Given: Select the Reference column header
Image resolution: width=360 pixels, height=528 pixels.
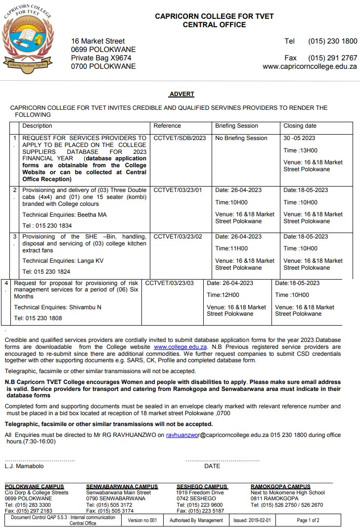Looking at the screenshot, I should click(x=167, y=126).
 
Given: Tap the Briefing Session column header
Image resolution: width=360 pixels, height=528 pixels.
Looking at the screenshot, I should click(x=236, y=126).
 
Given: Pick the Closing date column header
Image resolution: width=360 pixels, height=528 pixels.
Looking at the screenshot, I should click(x=300, y=126).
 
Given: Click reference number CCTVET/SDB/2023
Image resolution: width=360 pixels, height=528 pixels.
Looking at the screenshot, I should click(x=180, y=138).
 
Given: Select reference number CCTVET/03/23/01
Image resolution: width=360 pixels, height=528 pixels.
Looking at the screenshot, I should click(x=178, y=190).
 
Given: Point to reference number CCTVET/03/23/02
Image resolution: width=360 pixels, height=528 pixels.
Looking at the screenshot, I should click(x=178, y=237).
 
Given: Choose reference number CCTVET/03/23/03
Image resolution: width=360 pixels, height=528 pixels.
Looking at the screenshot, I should click(x=170, y=283).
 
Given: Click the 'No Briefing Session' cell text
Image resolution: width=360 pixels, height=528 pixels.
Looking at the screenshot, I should click(x=241, y=138).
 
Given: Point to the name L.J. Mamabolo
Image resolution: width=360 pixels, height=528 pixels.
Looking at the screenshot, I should click(x=24, y=466).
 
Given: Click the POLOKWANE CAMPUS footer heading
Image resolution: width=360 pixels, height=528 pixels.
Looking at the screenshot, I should click(x=35, y=486).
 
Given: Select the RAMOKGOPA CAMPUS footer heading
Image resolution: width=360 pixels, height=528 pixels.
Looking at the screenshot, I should click(x=280, y=486).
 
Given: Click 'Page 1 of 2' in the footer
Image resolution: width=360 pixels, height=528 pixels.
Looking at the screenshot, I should click(x=308, y=520).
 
